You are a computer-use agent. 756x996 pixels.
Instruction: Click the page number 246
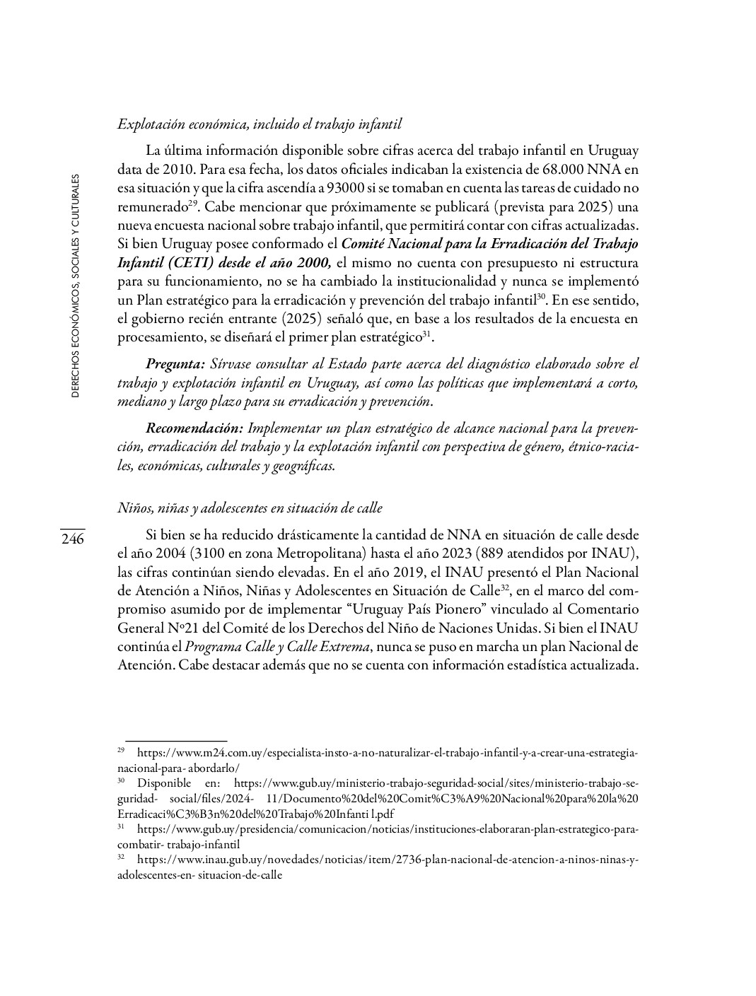click(72, 539)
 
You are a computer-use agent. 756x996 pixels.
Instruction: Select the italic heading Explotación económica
click(260, 124)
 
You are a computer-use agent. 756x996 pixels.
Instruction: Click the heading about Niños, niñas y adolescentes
click(250, 508)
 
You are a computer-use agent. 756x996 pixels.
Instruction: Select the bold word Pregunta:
click(175, 364)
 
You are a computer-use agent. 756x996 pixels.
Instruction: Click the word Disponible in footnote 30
click(164, 783)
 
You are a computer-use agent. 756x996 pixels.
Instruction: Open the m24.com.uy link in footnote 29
click(387, 754)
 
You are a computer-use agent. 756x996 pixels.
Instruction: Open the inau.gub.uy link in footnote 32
click(387, 860)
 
